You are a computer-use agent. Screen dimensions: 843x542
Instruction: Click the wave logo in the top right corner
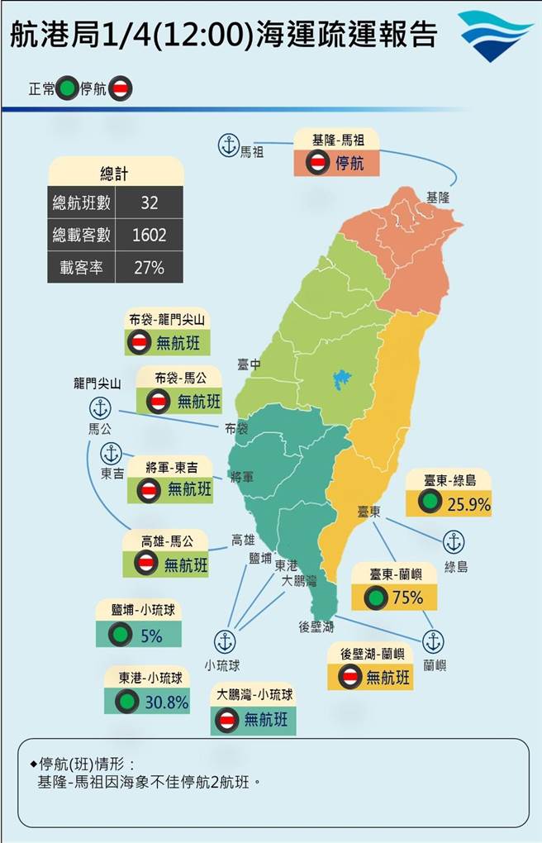click(496, 36)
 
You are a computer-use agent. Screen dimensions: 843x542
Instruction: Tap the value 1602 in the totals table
click(150, 235)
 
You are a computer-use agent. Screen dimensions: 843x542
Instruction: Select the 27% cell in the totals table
click(150, 267)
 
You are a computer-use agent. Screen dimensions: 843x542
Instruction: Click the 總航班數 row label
click(81, 202)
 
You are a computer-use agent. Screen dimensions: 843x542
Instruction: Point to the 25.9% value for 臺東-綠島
click(468, 502)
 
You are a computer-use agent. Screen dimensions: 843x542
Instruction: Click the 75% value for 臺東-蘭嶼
click(407, 597)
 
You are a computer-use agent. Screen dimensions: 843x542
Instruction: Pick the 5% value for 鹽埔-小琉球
click(150, 636)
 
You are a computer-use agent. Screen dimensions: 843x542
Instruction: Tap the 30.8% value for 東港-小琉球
click(166, 701)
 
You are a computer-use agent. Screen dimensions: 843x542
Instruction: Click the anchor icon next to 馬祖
click(227, 145)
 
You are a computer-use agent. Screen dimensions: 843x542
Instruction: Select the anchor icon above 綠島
click(454, 542)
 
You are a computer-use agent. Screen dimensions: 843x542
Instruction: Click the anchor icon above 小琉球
click(224, 641)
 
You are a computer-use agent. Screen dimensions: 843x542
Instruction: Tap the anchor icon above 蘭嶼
click(433, 641)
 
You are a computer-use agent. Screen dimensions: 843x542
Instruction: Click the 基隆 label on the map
click(439, 198)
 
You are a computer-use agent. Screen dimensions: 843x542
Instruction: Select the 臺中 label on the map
click(249, 364)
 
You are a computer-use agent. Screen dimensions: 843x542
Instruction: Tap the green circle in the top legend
click(68, 88)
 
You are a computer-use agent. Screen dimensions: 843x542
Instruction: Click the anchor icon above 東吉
click(111, 453)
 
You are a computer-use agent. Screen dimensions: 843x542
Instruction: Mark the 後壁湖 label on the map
click(316, 627)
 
